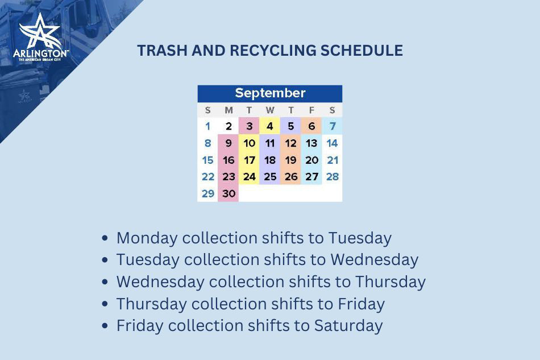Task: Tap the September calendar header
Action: click(x=270, y=93)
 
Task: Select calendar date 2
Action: click(x=229, y=126)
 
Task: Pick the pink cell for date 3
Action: click(x=249, y=126)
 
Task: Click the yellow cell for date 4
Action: click(x=270, y=126)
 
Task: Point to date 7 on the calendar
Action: click(x=332, y=126)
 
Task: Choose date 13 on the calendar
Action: click(x=311, y=143)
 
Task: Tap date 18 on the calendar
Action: click(x=270, y=160)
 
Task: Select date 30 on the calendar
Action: click(x=229, y=193)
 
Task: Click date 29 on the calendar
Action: click(x=208, y=193)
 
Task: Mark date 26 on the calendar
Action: click(x=291, y=177)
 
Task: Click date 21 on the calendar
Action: click(x=333, y=160)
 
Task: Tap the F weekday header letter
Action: click(x=311, y=110)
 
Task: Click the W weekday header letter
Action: click(x=270, y=110)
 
